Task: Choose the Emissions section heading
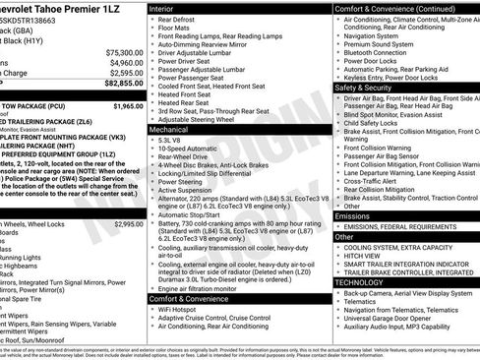pos(352,215)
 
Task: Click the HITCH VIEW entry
pos(362,255)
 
